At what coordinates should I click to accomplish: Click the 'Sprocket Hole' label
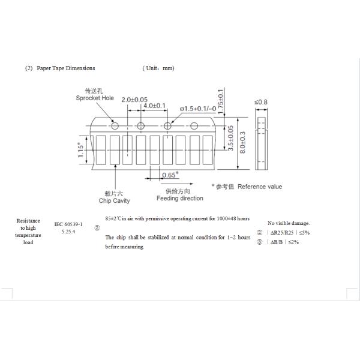[95, 97]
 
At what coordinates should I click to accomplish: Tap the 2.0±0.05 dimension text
[135, 99]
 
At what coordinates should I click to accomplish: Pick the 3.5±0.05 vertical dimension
[231, 137]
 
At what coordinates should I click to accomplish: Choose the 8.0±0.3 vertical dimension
[242, 143]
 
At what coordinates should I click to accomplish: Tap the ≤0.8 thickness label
[261, 102]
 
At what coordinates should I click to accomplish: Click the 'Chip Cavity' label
[114, 201]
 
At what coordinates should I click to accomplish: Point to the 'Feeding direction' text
[180, 199]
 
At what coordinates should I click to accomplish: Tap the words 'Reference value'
[260, 187]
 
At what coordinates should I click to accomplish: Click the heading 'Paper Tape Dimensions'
[65, 68]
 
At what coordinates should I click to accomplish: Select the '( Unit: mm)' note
[158, 68]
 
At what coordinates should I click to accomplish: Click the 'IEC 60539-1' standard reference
[68, 224]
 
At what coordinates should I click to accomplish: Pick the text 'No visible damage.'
[289, 223]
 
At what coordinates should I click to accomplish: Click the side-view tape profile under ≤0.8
[260, 142]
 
